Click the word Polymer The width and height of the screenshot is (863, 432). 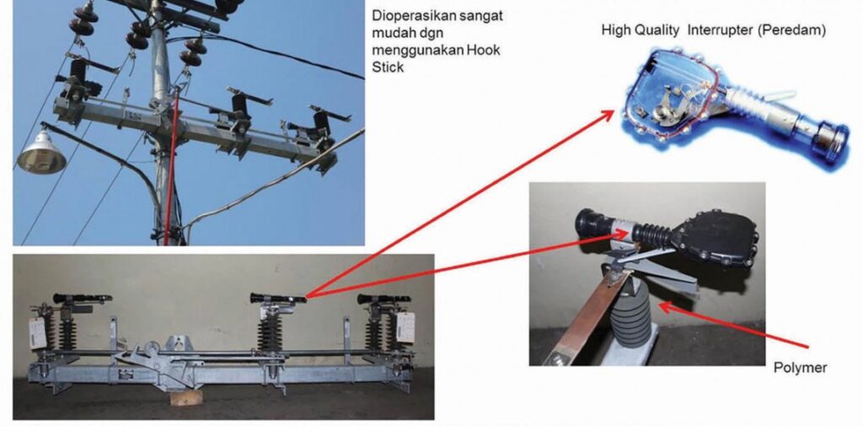coord(800,368)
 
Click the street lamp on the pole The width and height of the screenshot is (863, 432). coord(40,154)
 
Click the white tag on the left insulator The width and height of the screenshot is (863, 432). coord(37,334)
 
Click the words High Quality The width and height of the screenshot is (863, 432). coord(641,31)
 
